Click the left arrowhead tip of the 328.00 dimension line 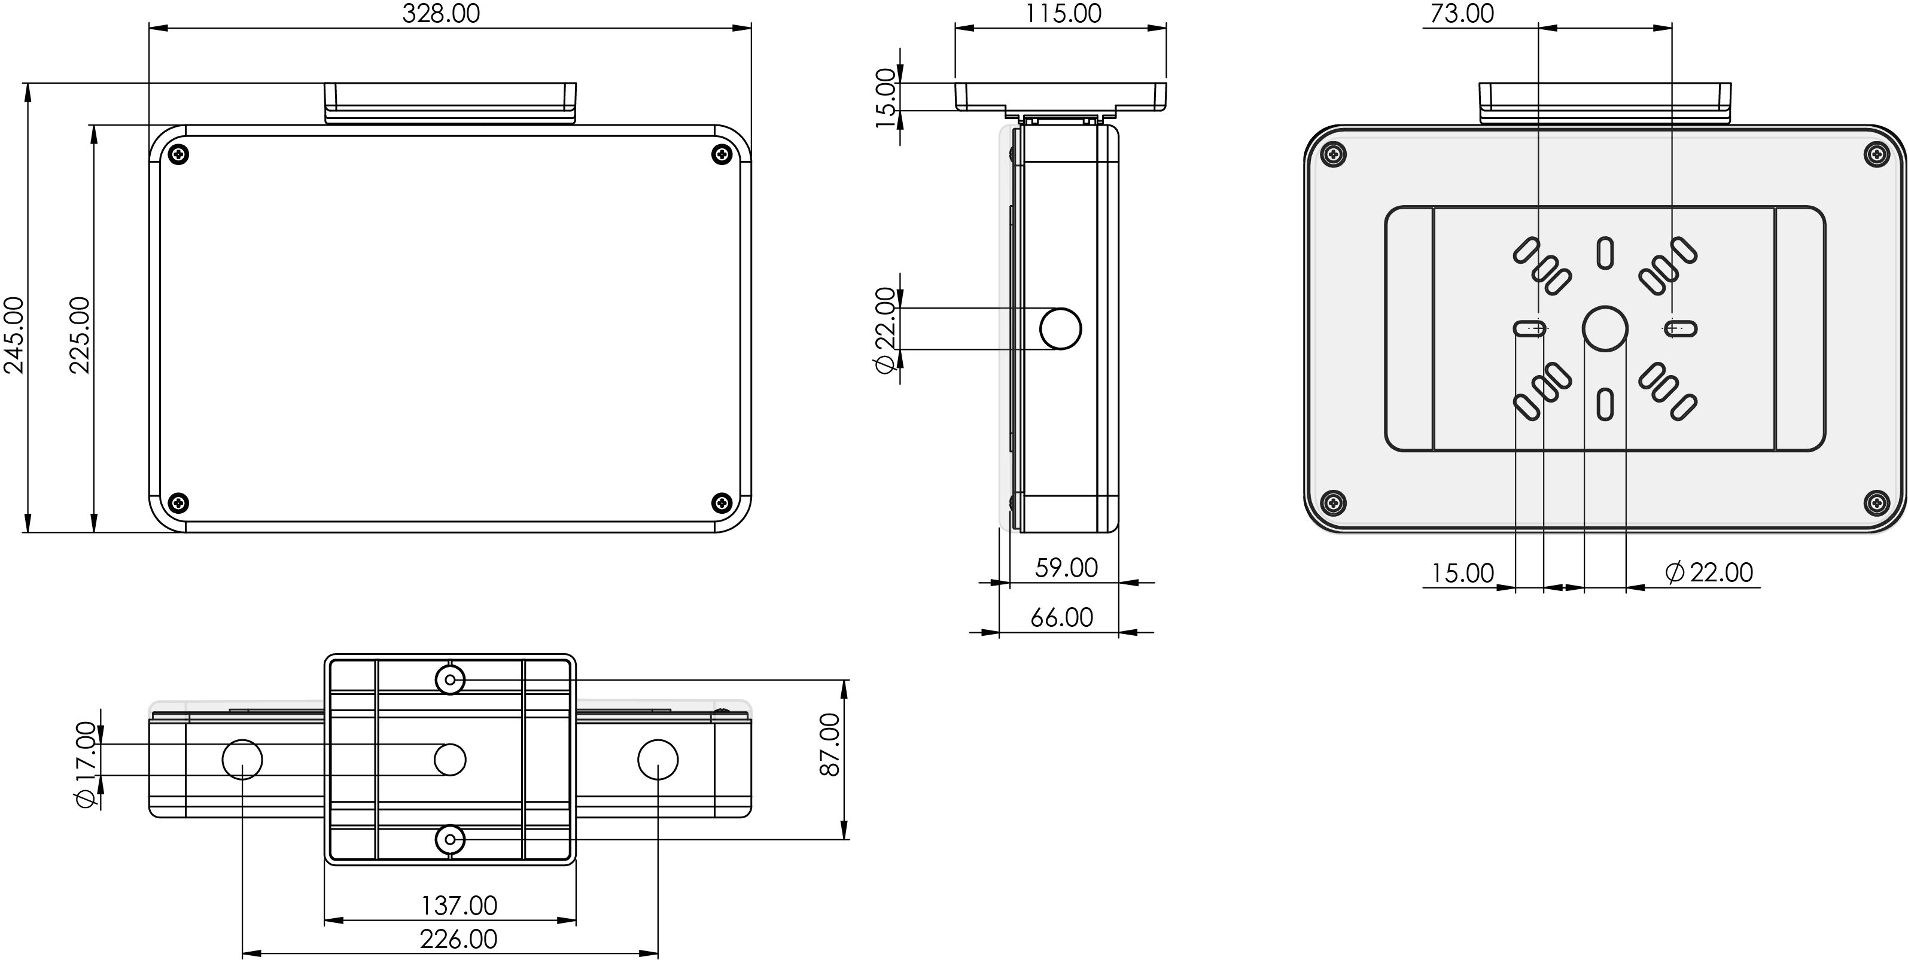tap(150, 28)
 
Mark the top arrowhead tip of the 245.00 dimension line tap(28, 84)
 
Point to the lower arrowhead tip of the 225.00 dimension tap(94, 532)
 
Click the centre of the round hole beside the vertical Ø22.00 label tap(1061, 329)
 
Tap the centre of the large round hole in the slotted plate tap(1605, 328)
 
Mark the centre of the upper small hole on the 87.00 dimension tap(449, 679)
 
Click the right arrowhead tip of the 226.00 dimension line tap(658, 954)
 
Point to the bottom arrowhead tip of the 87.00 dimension tap(844, 839)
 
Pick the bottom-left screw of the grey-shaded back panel tap(1333, 502)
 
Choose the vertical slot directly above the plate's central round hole tap(1605, 252)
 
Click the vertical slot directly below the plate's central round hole tap(1605, 404)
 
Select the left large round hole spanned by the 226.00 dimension tap(243, 759)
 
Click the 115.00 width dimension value tap(1064, 13)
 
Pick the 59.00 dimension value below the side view tap(1066, 568)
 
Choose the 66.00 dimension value tap(1061, 617)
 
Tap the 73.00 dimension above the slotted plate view tap(1462, 13)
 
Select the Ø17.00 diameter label tap(86, 764)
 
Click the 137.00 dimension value tap(459, 905)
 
